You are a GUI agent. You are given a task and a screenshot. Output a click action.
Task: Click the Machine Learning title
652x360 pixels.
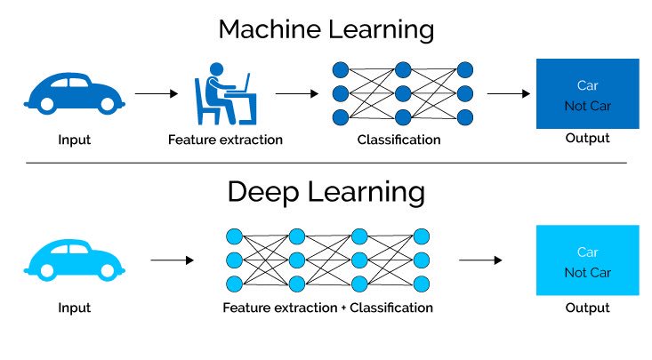click(326, 29)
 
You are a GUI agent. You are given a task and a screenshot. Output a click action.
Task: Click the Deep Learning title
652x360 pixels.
click(326, 192)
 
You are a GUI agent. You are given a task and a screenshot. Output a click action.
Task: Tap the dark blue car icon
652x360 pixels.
click(75, 92)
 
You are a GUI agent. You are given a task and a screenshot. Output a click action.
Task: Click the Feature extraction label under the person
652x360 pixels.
click(225, 140)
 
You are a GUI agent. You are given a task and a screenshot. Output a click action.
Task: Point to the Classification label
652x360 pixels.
click(398, 140)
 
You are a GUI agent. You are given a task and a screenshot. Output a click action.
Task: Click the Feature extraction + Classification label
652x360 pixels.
click(328, 308)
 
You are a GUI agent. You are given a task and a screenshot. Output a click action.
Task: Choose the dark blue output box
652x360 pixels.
click(587, 93)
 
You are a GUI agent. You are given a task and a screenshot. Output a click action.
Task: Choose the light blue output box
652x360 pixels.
click(587, 260)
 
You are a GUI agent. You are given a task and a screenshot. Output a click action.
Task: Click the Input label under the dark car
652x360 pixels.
click(74, 140)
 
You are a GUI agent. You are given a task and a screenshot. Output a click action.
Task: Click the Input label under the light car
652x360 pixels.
click(74, 308)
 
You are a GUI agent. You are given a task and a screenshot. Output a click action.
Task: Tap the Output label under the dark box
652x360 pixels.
click(587, 139)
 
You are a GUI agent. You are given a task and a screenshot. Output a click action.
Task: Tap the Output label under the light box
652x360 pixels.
click(587, 308)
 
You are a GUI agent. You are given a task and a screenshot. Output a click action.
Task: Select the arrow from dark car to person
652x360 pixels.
click(156, 92)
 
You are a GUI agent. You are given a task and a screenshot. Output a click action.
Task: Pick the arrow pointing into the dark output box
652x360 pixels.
click(509, 92)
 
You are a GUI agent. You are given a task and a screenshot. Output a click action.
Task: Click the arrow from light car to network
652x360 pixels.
click(172, 260)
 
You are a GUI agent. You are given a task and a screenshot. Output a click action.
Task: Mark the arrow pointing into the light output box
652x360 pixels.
click(480, 260)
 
